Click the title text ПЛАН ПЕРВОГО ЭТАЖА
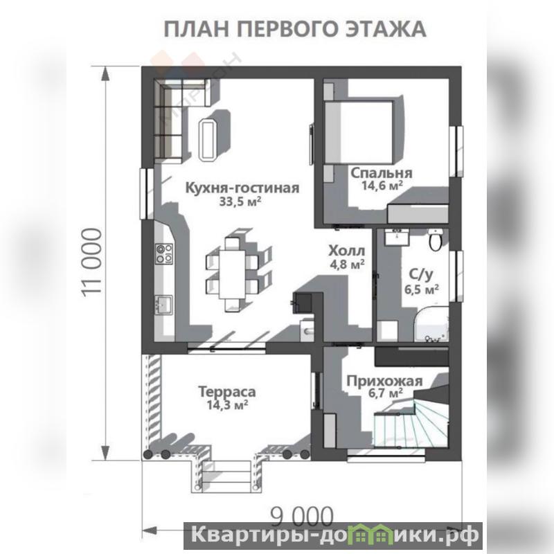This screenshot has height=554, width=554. coord(295,29)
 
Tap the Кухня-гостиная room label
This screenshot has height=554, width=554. coord(242,188)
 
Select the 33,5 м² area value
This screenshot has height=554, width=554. coord(240,202)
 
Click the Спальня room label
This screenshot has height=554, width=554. coord(382,172)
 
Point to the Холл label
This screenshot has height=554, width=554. coord(346,251)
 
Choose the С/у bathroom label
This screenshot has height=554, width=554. coord(421,274)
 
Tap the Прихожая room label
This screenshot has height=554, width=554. coord(384,382)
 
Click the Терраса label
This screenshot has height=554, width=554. coord(227,392)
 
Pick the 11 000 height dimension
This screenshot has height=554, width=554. coord(92,262)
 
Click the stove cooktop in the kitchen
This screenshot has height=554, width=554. coord(164,254)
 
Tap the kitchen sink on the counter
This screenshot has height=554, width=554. coord(164,305)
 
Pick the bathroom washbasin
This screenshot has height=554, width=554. coord(397,236)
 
